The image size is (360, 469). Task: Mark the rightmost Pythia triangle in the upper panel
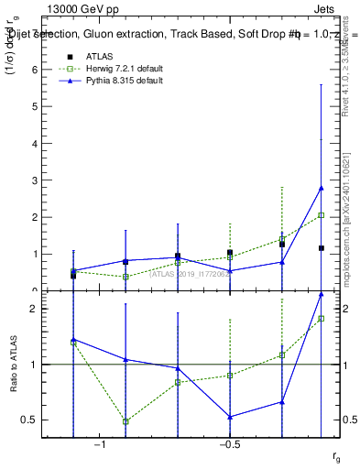(x=321, y=188)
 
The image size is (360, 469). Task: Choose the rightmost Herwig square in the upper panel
(x=321, y=215)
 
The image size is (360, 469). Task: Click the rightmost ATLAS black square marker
(x=321, y=247)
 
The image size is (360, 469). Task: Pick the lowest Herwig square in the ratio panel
(x=125, y=421)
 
